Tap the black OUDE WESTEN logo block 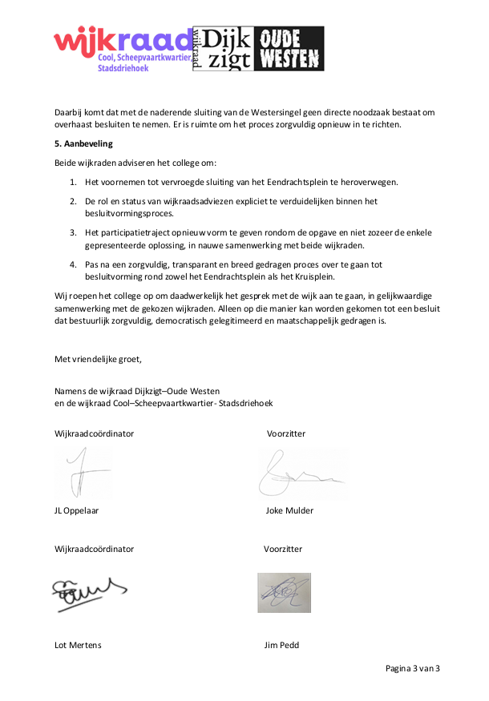(x=289, y=48)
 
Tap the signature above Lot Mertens (x=87, y=594)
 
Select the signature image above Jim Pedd (x=284, y=593)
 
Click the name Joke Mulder (x=289, y=510)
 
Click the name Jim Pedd (x=281, y=645)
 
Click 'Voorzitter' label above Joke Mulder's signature (x=286, y=433)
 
